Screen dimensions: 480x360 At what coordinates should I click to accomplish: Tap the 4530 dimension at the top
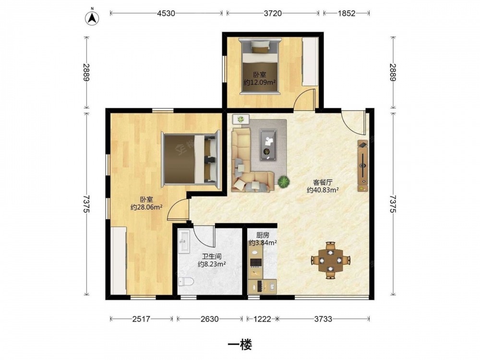coord(166,13)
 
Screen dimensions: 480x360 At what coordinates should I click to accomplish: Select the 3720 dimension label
coord(273,13)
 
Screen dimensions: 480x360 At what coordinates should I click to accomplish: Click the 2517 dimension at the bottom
coord(141,319)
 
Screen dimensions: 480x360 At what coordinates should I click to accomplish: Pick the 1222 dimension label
coord(263,319)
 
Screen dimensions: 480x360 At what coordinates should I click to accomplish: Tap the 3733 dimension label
coord(323,319)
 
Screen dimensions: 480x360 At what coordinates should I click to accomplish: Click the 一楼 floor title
coord(240,345)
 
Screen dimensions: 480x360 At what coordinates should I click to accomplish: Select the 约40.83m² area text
coord(323,190)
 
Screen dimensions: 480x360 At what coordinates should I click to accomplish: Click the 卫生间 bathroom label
coord(212,256)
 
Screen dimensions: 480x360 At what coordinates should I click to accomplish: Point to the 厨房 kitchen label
coord(263,235)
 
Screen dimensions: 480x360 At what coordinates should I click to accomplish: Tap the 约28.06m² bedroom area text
coord(146,207)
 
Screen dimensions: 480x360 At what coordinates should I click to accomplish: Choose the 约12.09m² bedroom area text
coord(260,82)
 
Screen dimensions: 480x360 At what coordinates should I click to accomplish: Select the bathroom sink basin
coord(185,241)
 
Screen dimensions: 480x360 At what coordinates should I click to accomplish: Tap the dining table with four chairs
coord(330,260)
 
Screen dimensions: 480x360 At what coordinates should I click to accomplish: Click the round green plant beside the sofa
coord(284,181)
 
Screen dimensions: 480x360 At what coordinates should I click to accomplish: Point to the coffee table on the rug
coord(269,145)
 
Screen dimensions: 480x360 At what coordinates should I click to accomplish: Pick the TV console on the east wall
coord(363,166)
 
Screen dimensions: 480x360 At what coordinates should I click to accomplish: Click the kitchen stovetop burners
coord(256,263)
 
